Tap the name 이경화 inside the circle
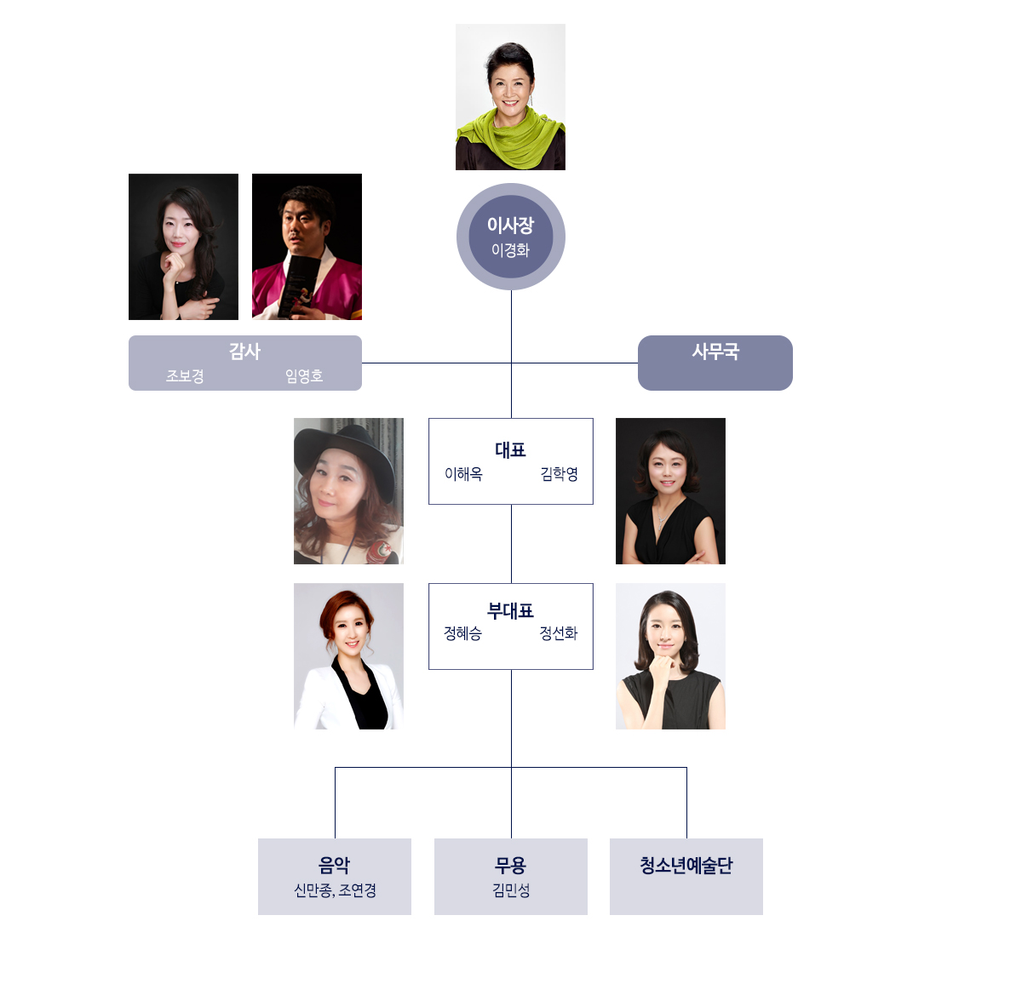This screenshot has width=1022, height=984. pyautogui.click(x=511, y=250)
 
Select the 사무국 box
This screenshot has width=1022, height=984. pyautogui.click(x=715, y=363)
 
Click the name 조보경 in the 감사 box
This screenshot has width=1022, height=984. pyautogui.click(x=185, y=375)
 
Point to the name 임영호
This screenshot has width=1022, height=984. pyautogui.click(x=304, y=375)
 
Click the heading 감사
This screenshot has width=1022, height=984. pyautogui.click(x=244, y=351)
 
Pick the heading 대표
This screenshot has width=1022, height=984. pyautogui.click(x=511, y=449)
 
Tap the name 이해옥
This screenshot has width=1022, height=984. pyautogui.click(x=463, y=474)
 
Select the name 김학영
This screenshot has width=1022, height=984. pyautogui.click(x=559, y=474)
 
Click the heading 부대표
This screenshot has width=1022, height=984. pyautogui.click(x=511, y=610)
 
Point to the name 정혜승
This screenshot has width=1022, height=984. pyautogui.click(x=462, y=633)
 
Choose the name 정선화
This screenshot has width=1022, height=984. pyautogui.click(x=559, y=633)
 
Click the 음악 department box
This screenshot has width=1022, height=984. pyautogui.click(x=335, y=876)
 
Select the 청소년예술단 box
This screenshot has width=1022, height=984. pyautogui.click(x=686, y=876)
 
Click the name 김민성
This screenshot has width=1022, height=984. pyautogui.click(x=511, y=890)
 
